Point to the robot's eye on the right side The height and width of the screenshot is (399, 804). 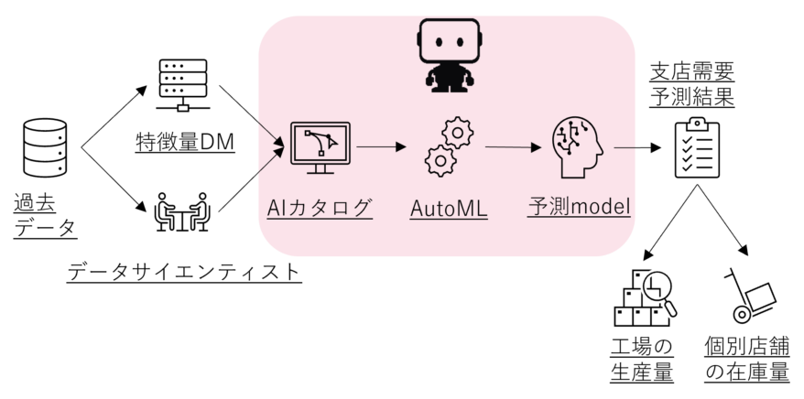click(458, 42)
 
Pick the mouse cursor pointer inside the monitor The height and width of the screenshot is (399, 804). click(331, 143)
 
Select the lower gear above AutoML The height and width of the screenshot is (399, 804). click(440, 160)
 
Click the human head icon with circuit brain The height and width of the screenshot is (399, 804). click(578, 146)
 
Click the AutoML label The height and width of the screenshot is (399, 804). click(448, 209)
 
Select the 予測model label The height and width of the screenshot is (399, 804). click(580, 207)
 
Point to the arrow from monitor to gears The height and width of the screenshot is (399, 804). click(380, 146)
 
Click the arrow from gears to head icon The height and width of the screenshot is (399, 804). click(513, 146)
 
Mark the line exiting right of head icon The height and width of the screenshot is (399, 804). click(624, 146)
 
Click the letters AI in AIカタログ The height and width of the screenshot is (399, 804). click(273, 208)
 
